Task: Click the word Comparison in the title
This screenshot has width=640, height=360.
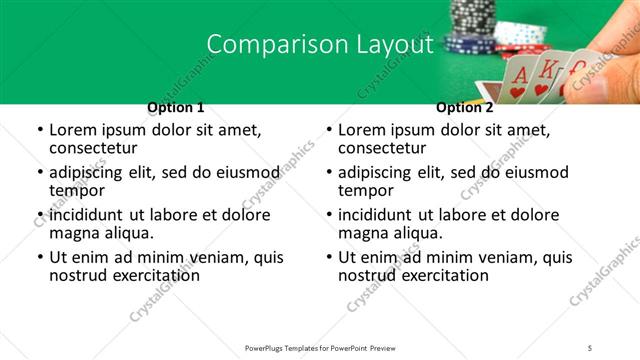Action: (x=267, y=44)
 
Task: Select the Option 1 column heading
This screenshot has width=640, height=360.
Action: (x=176, y=107)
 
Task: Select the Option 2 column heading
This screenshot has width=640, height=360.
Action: (x=465, y=107)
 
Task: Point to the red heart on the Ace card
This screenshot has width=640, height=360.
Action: (x=517, y=92)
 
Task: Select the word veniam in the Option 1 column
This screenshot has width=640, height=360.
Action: (x=200, y=257)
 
